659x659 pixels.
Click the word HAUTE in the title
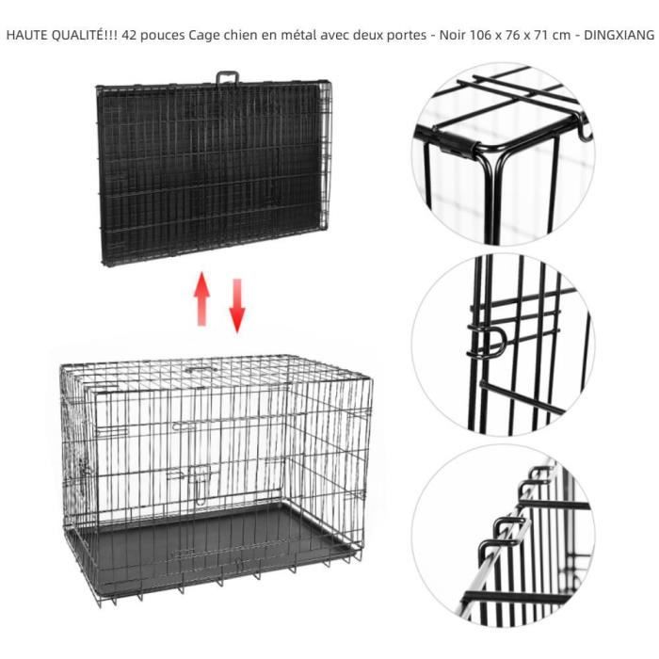tap(26, 35)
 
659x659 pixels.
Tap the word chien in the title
tap(238, 35)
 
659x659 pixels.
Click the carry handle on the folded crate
tap(226, 77)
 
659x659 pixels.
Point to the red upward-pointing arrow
tap(201, 299)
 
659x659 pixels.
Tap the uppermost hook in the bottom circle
tap(539, 474)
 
